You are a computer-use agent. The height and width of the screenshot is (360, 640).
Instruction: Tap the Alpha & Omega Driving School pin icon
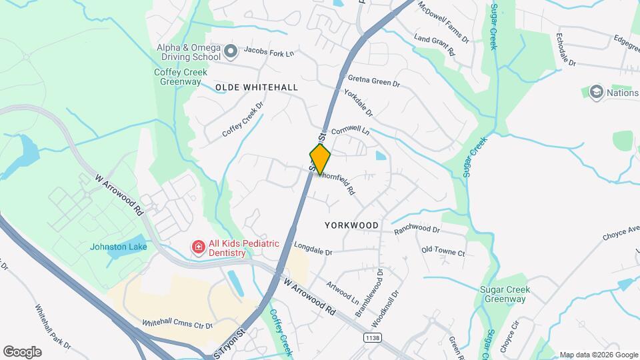point(231,51)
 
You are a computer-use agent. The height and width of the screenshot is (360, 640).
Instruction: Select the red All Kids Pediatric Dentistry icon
point(198,249)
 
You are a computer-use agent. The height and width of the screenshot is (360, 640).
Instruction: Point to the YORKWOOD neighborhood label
point(351,225)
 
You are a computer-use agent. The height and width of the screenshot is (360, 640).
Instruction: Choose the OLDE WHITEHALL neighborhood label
point(257,87)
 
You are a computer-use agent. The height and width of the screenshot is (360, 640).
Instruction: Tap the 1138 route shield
point(373,339)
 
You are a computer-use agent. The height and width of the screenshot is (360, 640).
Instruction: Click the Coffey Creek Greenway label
point(177,77)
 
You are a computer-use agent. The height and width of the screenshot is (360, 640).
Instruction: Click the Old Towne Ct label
point(443,251)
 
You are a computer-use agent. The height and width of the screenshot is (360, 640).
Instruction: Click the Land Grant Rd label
point(434,45)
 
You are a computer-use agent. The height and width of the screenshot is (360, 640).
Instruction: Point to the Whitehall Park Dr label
point(53,326)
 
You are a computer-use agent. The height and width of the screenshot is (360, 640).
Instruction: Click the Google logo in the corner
point(22,352)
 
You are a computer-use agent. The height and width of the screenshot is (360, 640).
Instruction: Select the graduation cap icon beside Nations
point(597,93)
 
